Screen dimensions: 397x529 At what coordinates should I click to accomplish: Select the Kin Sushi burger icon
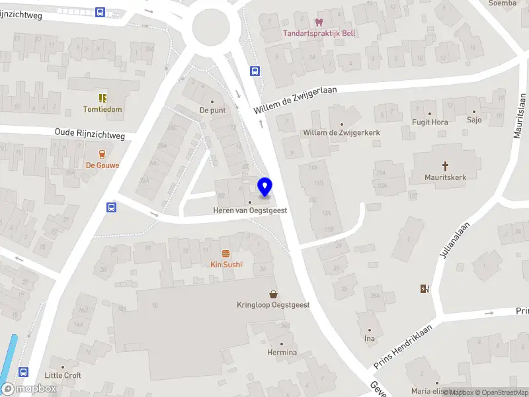pyautogui.click(x=226, y=253)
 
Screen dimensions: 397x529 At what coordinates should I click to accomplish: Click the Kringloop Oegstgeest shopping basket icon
pyautogui.click(x=273, y=294)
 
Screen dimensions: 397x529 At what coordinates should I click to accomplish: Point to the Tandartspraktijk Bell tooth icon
pyautogui.click(x=320, y=22)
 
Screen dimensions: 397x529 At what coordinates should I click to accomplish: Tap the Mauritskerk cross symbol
pyautogui.click(x=446, y=165)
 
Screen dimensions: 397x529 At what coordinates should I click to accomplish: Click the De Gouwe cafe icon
pyautogui.click(x=102, y=154)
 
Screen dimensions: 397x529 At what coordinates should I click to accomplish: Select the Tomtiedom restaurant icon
pyautogui.click(x=102, y=98)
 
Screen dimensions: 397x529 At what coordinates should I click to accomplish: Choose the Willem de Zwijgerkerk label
pyautogui.click(x=341, y=132)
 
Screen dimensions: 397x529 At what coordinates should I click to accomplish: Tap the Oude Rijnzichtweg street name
pyautogui.click(x=89, y=134)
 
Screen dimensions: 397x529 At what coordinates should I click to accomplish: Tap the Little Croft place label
pyautogui.click(x=63, y=375)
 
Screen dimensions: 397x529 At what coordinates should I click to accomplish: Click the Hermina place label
pyautogui.click(x=282, y=352)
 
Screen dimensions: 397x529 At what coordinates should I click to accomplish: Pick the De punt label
pyautogui.click(x=213, y=110)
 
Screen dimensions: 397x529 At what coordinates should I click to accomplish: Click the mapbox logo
pyautogui.click(x=29, y=388)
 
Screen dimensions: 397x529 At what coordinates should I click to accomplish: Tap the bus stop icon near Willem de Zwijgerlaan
pyautogui.click(x=254, y=71)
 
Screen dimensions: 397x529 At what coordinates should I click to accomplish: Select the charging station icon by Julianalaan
pyautogui.click(x=424, y=288)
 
